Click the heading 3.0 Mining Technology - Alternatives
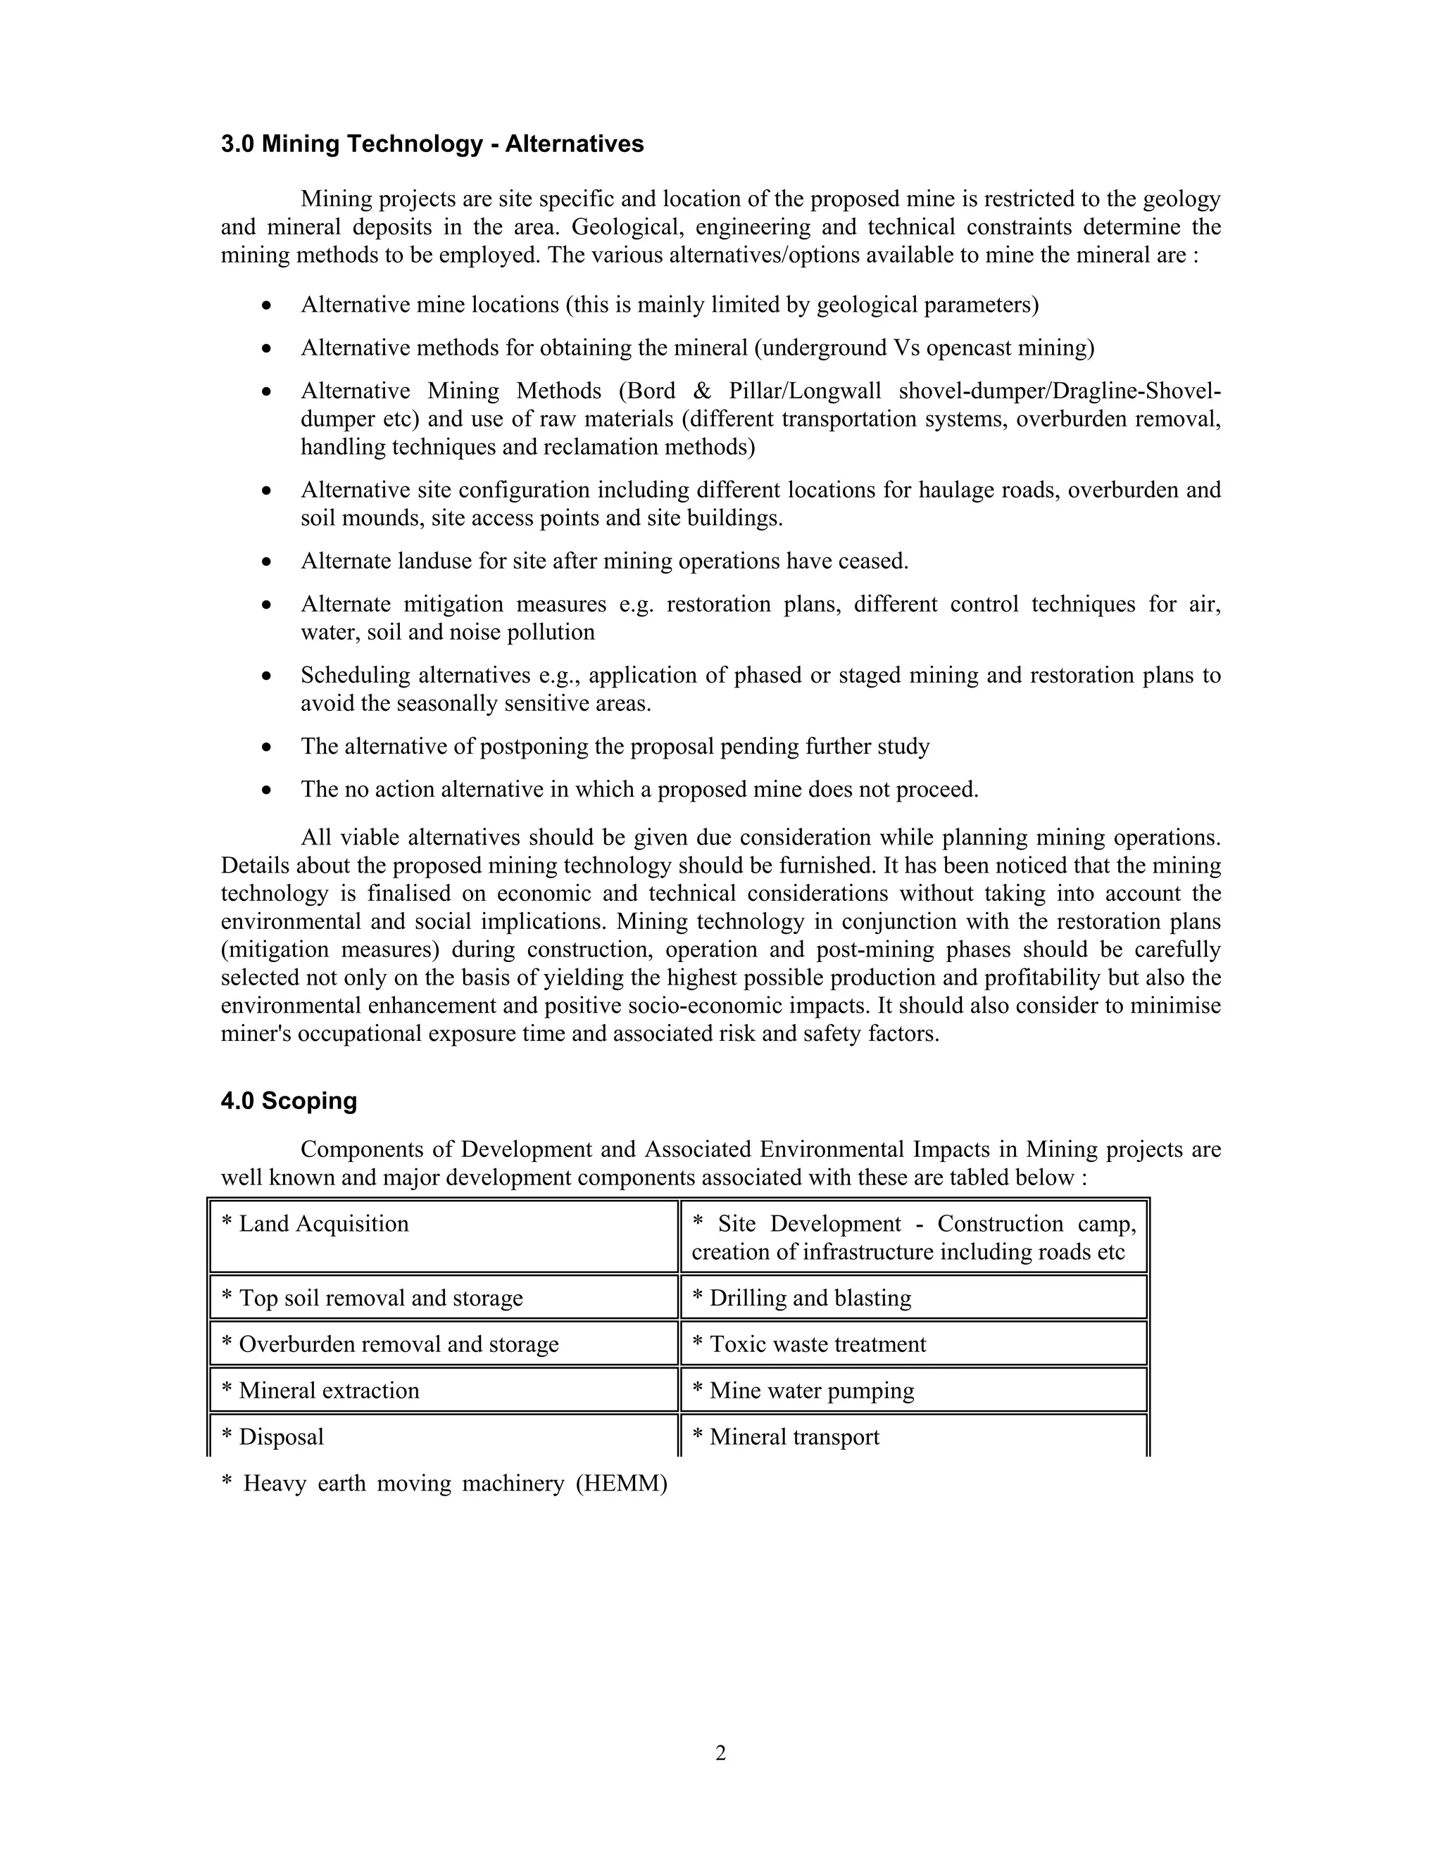tap(432, 144)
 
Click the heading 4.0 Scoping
tap(289, 1101)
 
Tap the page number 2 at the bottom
tap(720, 1753)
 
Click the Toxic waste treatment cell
tap(913, 1344)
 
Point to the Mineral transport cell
tap(913, 1436)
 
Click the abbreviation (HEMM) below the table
tap(621, 1484)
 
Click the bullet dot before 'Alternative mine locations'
tap(268, 305)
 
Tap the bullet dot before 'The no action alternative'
tap(268, 790)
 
